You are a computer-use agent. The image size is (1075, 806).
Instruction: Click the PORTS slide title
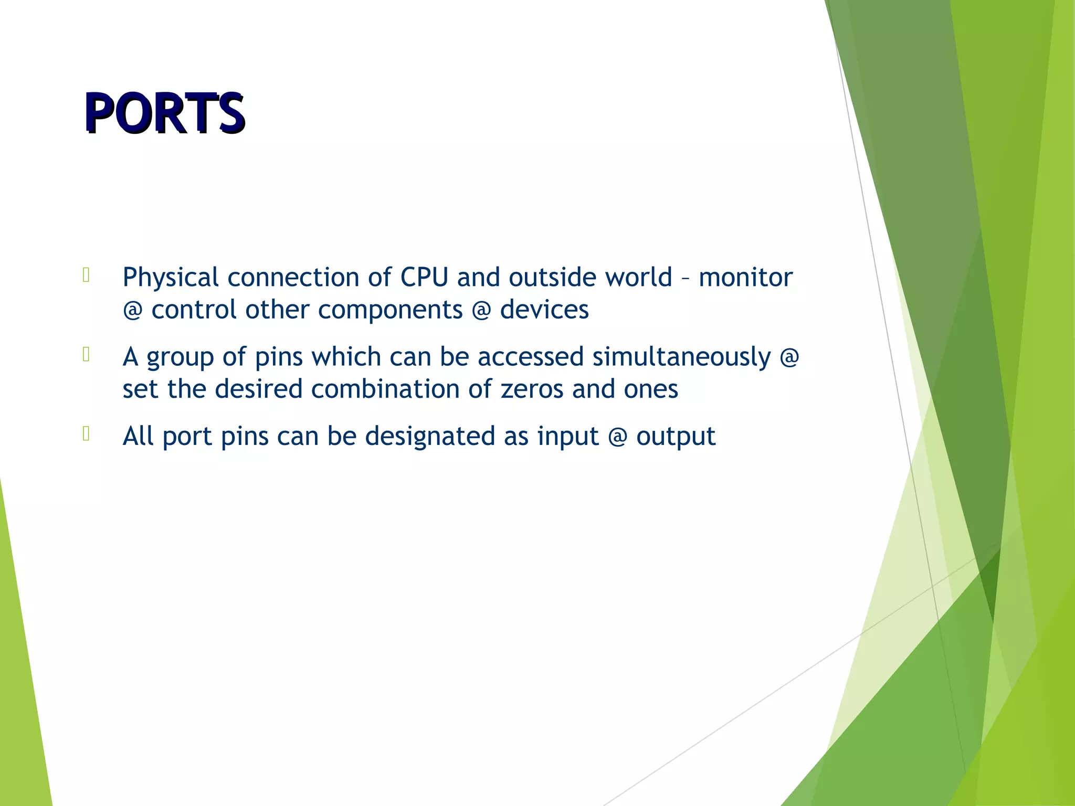click(164, 113)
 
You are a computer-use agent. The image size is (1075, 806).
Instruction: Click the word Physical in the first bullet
click(170, 278)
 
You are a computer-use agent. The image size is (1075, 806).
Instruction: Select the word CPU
click(424, 278)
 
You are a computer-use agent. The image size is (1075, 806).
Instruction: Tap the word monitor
click(745, 278)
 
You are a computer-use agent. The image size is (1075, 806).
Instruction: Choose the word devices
click(544, 310)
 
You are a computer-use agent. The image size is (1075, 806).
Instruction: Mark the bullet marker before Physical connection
click(87, 275)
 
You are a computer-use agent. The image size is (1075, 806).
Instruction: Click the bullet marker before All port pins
click(87, 434)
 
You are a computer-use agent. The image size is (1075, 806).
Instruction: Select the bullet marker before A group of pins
click(87, 355)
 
